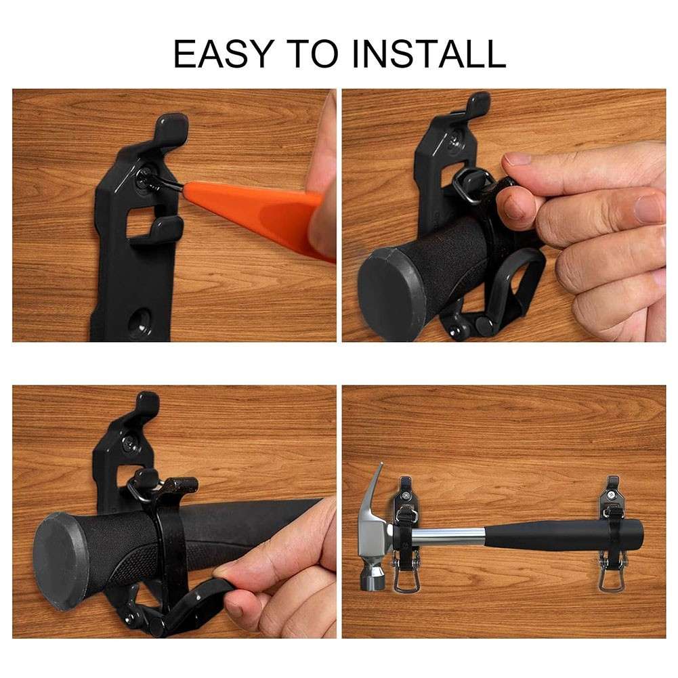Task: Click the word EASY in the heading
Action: coord(224,54)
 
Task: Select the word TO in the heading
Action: coord(312,54)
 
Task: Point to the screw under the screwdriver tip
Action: coord(146,177)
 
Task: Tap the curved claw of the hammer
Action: coord(377,485)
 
